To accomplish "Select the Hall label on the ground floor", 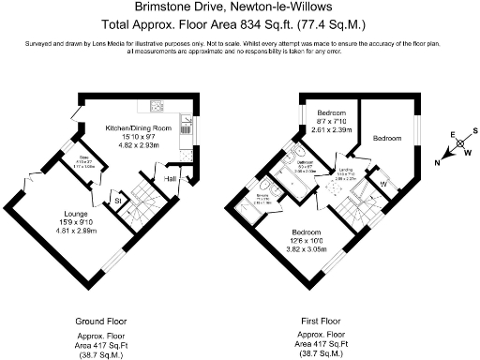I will pos(171,176).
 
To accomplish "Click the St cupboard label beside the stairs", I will pos(118,201).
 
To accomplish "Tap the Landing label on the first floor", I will pos(346,172).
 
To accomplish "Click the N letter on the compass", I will pos(436,162).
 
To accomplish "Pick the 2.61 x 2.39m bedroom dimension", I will pos(332,131).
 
